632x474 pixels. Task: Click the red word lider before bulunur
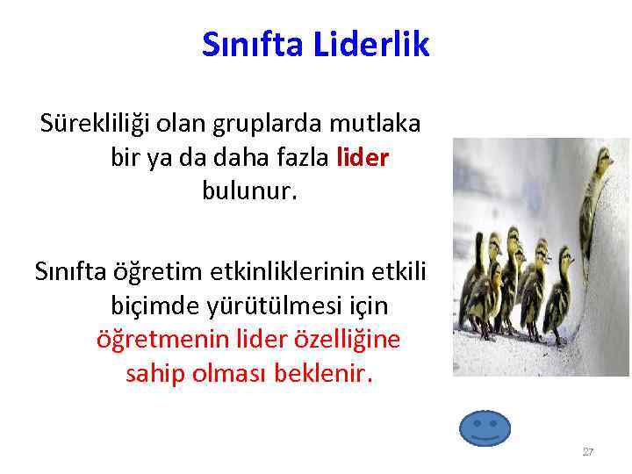(x=363, y=158)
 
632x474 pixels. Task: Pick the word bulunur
(x=250, y=190)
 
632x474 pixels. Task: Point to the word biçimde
(x=150, y=305)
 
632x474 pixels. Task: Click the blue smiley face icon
(x=485, y=427)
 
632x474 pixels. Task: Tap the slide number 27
(x=587, y=452)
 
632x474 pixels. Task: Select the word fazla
(x=295, y=158)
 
